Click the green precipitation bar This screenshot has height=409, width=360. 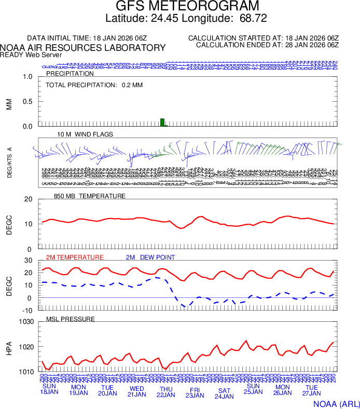point(163,122)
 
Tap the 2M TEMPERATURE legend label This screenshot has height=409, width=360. point(75,257)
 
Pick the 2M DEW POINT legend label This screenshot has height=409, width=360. point(150,257)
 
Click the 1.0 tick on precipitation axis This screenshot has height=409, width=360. point(28,77)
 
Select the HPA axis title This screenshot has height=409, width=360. point(9,347)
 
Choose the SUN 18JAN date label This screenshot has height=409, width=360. point(49,389)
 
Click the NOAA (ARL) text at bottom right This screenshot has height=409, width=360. point(336,403)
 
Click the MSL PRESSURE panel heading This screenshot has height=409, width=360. point(71,319)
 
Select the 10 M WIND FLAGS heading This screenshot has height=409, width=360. point(85,134)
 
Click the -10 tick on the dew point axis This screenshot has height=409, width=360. point(28,310)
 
